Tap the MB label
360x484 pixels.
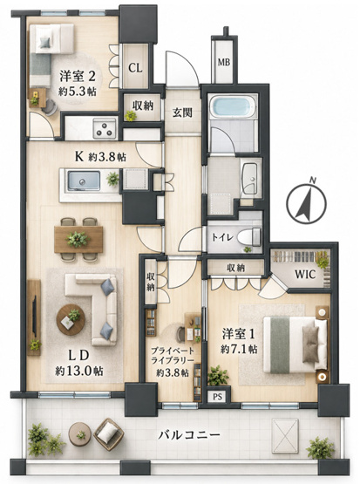pyautogui.click(x=224, y=63)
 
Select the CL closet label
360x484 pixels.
pyautogui.click(x=135, y=68)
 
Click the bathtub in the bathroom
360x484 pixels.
pyautogui.click(x=233, y=106)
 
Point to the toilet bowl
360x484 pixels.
pyautogui.click(x=249, y=237)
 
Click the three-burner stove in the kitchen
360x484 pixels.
pyautogui.click(x=105, y=129)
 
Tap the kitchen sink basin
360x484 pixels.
pyautogui.click(x=84, y=181)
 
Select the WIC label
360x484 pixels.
pyautogui.click(x=305, y=274)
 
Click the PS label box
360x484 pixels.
pyautogui.click(x=218, y=397)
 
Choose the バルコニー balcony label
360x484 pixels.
pyautogui.click(x=189, y=435)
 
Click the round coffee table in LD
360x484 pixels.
pyautogui.click(x=71, y=320)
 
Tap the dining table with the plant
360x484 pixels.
pyautogui.click(x=78, y=239)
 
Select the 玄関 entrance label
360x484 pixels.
pyautogui.click(x=182, y=113)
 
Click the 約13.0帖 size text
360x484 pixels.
pyautogui.click(x=79, y=371)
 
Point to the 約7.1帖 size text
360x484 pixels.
pyautogui.click(x=239, y=349)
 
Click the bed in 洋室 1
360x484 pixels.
pyautogui.click(x=295, y=344)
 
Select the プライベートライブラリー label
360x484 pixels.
pyautogui.click(x=173, y=356)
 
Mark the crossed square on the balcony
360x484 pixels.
pyautogui.click(x=285, y=436)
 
